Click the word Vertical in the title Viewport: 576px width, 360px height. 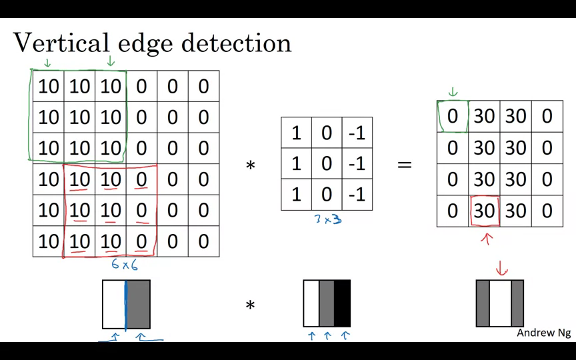coord(61,43)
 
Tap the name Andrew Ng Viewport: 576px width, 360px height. coord(543,333)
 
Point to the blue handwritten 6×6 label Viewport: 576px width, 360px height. coord(125,265)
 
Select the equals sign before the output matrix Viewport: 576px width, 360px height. coord(405,164)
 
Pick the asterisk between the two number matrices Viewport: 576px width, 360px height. coord(251,165)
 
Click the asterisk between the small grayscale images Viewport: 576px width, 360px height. coord(251,306)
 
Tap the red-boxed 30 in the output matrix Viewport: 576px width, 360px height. coord(484,211)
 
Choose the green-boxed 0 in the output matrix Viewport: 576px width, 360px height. coord(453,116)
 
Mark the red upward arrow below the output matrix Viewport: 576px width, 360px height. coord(487,238)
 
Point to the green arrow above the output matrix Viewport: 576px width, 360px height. coord(453,92)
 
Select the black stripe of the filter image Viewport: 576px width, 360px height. coord(342,303)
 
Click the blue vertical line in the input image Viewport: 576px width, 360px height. coord(125,304)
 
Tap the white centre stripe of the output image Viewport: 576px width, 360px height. coord(500,303)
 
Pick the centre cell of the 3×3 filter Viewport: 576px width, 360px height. coord(327,164)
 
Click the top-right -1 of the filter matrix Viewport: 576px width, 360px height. coord(357,133)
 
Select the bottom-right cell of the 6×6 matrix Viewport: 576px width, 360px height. coord(203,241)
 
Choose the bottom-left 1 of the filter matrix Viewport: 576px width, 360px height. coord(296,195)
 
